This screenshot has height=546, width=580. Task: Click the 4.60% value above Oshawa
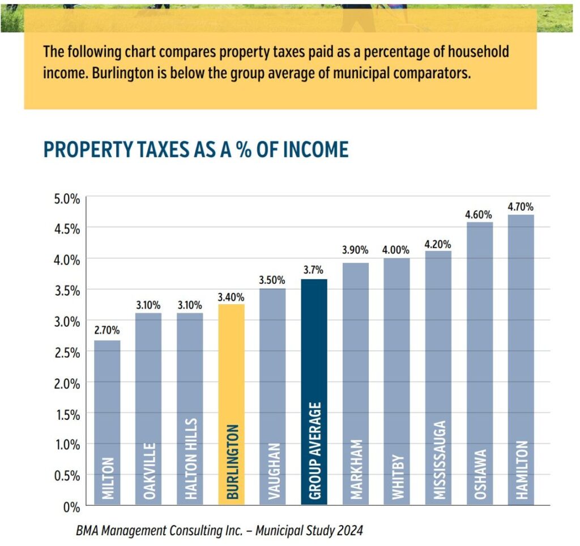pos(479,215)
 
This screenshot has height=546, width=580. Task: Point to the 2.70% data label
pos(107,331)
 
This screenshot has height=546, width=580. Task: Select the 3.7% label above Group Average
pos(314,271)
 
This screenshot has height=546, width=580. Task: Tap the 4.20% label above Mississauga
pos(438,245)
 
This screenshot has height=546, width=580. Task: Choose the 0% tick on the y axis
pos(71,507)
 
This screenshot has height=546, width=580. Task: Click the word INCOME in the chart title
pos(316,150)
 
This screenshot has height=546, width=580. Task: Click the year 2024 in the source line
pos(350,531)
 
